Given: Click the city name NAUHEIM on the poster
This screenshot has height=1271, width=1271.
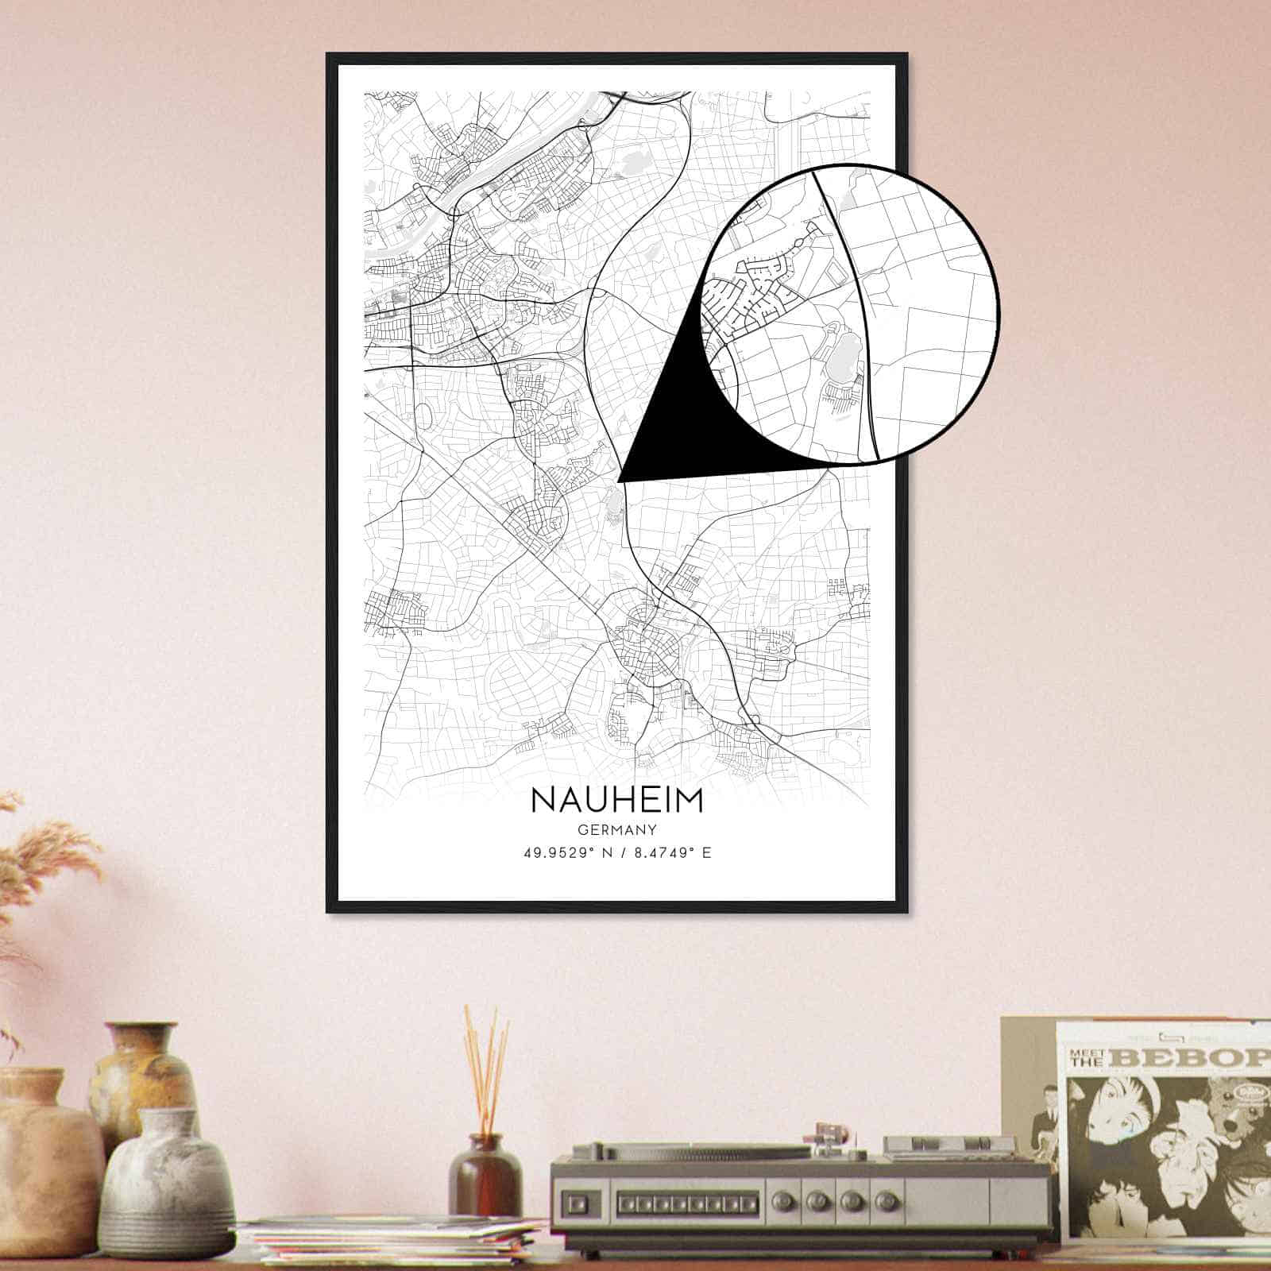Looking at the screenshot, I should pos(616,800).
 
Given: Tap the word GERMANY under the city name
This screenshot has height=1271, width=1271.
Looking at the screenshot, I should pos(616,831).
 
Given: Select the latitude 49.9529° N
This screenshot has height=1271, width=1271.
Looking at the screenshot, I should pos(566,854).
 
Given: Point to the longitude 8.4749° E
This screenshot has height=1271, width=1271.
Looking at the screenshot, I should pos(670,854).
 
